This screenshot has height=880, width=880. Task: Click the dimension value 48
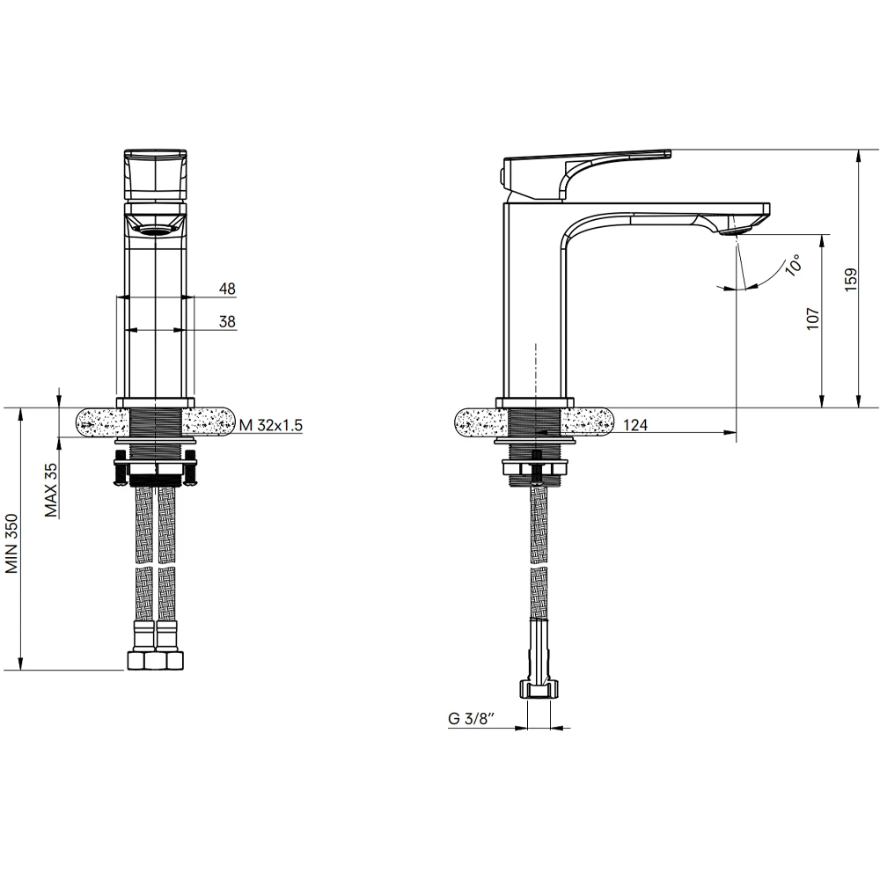click(x=227, y=289)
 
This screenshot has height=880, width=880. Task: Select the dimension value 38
click(x=227, y=321)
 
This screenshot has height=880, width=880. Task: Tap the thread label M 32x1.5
click(x=270, y=425)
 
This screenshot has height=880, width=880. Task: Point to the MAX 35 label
click(x=51, y=490)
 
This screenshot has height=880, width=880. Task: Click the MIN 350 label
click(x=11, y=544)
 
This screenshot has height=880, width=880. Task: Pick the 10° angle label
click(x=794, y=264)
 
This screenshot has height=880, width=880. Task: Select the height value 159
click(x=851, y=279)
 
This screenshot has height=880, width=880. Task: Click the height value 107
click(x=813, y=319)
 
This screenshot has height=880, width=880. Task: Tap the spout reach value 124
click(x=635, y=425)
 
